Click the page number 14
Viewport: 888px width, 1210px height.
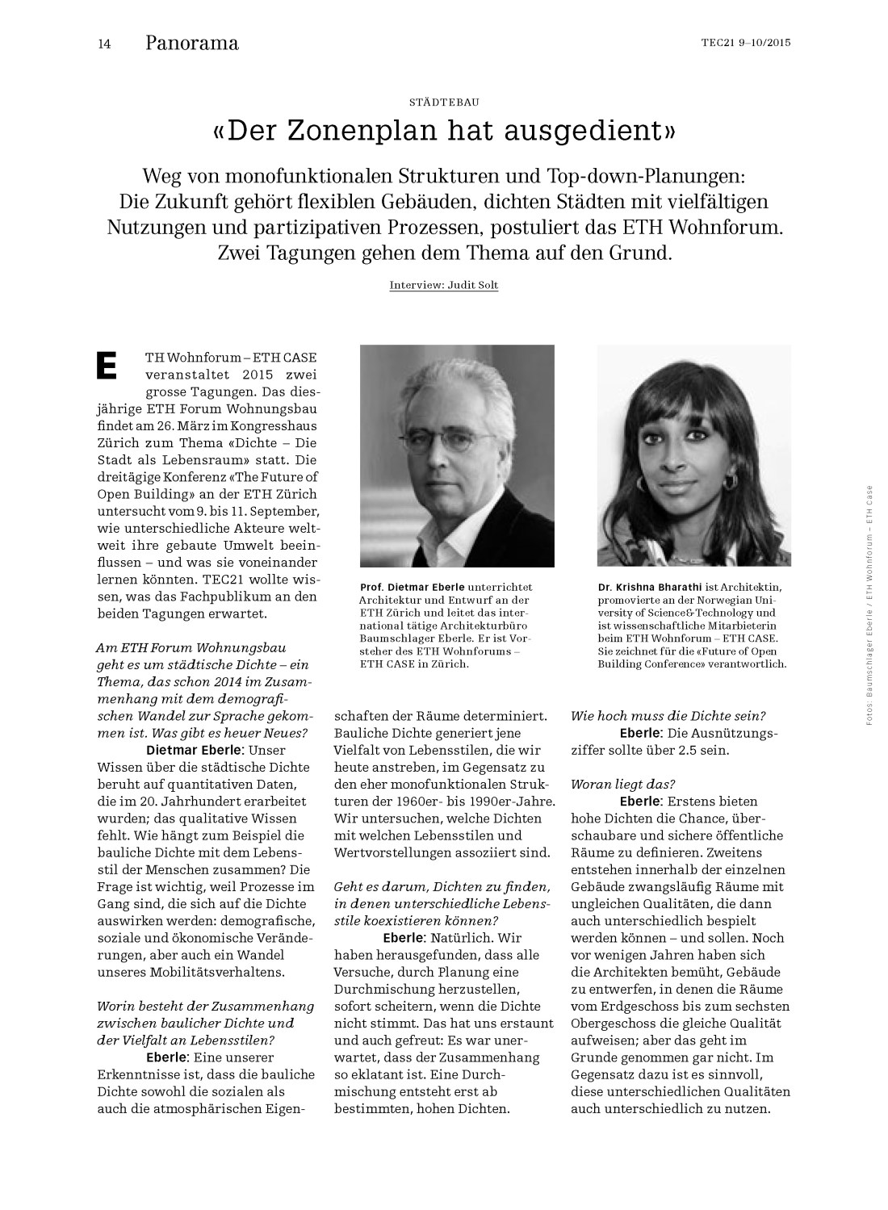[x=104, y=44]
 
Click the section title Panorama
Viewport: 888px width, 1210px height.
[x=192, y=44]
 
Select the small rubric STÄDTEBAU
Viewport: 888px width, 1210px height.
[x=444, y=102]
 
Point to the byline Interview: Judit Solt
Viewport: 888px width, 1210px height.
[x=444, y=285]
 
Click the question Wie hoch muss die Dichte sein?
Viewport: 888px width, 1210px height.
[x=668, y=715]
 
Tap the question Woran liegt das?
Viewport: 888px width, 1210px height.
[x=622, y=784]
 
